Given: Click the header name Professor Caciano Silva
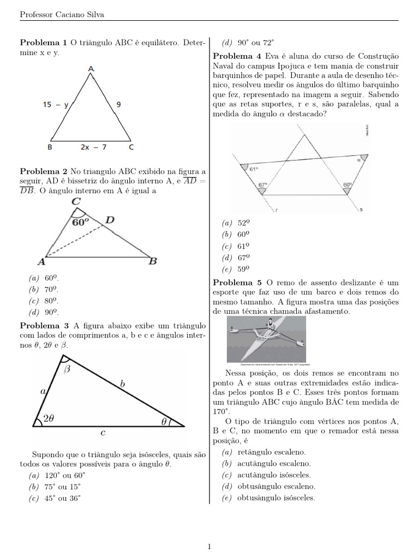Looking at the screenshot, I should pos(62,15).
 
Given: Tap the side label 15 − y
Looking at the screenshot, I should pos(56,105).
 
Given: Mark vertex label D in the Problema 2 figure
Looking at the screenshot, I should pos(110,220).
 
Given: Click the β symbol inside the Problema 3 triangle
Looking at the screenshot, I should pos(67,370).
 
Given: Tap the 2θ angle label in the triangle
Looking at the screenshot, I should pos(49,419).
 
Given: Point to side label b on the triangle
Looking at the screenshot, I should pos(122,384).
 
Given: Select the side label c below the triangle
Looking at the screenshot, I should pos(103,432).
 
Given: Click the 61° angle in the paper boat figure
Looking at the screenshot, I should pos(254,169).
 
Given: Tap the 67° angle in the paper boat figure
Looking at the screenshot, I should pos(263,185).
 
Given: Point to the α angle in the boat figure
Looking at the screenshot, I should pos(359,160).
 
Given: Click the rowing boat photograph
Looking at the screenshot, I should pos(267,340).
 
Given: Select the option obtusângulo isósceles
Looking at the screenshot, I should pos(269,498).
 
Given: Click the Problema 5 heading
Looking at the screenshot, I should pos(237,282).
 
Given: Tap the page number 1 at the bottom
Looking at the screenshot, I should pos(209,546).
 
